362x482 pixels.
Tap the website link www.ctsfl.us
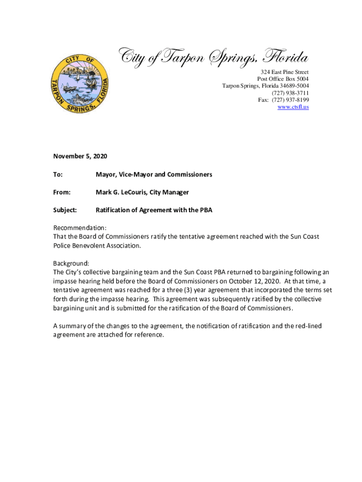pos(293,107)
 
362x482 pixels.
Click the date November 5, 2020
pos(80,156)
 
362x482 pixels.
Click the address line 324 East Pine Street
pos(285,72)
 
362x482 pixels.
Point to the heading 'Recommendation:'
pos(80,228)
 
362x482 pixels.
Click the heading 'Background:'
pos(71,263)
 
